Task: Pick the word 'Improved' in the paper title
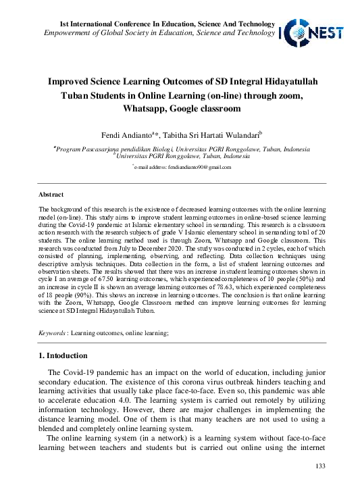click(73, 82)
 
